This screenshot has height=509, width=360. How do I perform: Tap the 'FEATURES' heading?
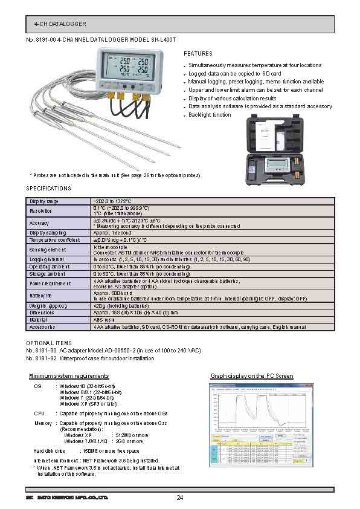[x=198, y=54]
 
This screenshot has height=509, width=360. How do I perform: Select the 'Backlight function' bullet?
[x=209, y=115]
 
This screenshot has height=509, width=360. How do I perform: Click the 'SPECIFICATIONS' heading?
[x=49, y=189]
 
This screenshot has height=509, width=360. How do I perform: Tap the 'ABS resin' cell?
[x=104, y=320]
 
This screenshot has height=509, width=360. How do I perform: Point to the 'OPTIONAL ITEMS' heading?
[x=48, y=343]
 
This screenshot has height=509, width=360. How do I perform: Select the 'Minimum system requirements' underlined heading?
[x=69, y=376]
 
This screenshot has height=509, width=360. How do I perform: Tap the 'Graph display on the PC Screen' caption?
[x=252, y=376]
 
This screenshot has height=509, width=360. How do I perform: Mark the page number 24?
[x=180, y=498]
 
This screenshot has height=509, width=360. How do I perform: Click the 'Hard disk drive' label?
[x=49, y=450]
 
